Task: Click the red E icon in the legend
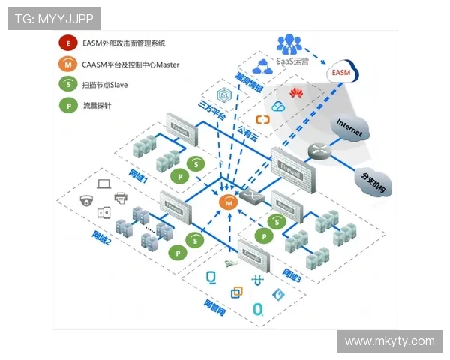[70, 45]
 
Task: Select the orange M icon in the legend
[70, 65]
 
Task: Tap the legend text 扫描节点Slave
[104, 85]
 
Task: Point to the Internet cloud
[349, 127]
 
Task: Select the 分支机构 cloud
[371, 180]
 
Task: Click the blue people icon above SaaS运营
[289, 43]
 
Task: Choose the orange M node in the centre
[226, 202]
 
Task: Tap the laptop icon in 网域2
[104, 182]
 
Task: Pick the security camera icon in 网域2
[87, 200]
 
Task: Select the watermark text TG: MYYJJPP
[53, 19]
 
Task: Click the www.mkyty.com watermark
[389, 341]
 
